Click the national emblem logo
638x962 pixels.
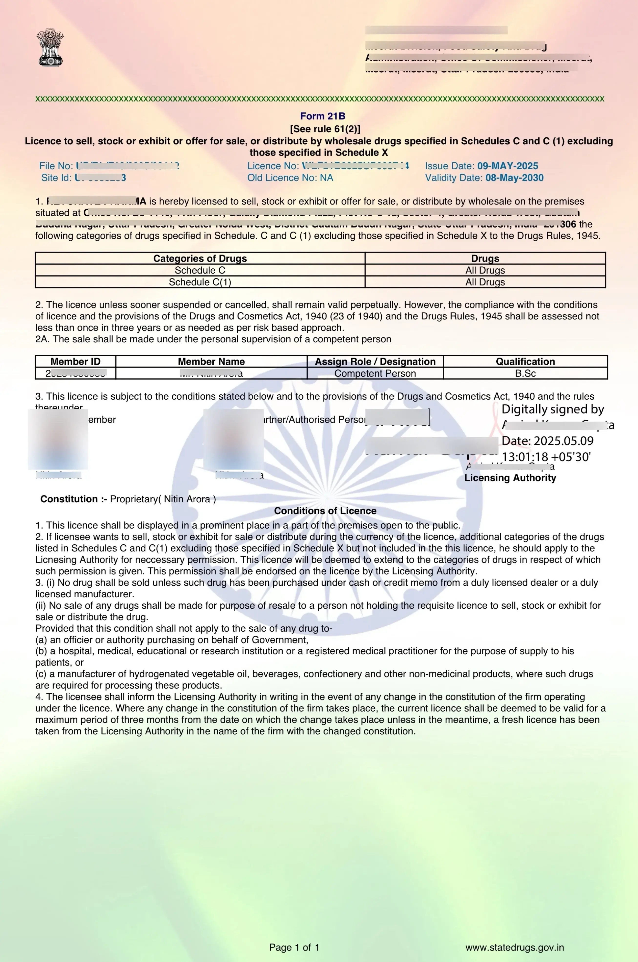(x=51, y=48)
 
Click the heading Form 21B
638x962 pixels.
(x=322, y=116)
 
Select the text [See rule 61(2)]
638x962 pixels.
(x=325, y=129)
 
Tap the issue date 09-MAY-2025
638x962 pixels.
(x=507, y=166)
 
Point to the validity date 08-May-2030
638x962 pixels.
(x=514, y=178)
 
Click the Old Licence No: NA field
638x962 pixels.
(x=290, y=178)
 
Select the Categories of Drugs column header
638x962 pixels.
(x=200, y=258)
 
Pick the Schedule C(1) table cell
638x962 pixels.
(x=200, y=282)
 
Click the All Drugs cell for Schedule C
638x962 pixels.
(x=485, y=270)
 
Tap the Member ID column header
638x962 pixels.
(x=75, y=361)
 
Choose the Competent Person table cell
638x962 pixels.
(x=375, y=373)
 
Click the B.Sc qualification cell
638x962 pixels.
(x=525, y=373)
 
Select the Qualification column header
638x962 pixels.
(x=525, y=361)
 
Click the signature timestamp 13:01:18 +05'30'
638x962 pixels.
(x=546, y=457)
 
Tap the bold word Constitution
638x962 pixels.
(x=69, y=499)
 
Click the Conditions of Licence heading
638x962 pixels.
(x=325, y=511)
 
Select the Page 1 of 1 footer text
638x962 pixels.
(x=294, y=947)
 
